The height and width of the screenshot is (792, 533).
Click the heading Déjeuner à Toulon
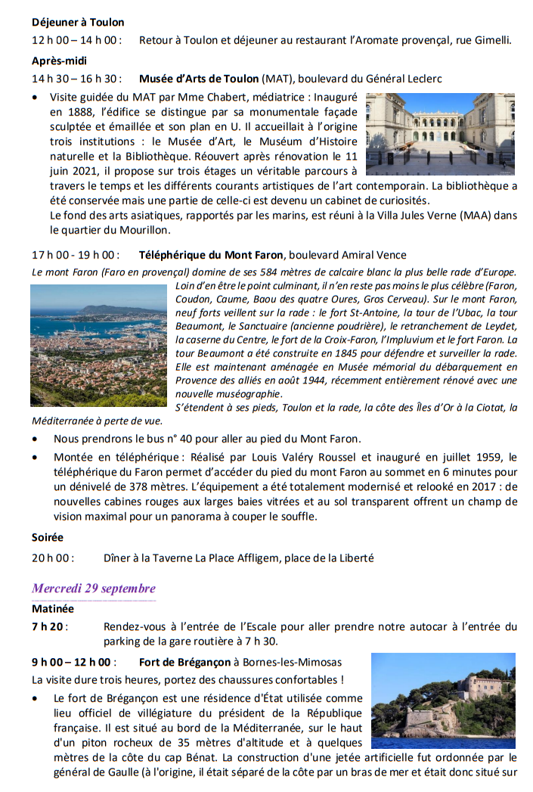click(78, 23)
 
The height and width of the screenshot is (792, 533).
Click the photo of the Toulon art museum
click(440, 134)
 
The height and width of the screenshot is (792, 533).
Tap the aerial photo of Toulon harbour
click(98, 345)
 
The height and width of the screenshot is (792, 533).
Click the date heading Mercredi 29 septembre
click(94, 589)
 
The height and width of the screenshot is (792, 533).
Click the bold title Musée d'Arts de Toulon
click(199, 79)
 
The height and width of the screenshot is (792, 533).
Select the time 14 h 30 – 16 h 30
click(76, 79)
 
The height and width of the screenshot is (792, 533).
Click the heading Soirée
click(48, 538)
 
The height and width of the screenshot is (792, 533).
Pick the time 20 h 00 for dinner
click(53, 558)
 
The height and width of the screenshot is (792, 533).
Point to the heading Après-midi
click(60, 61)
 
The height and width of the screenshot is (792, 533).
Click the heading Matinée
click(53, 607)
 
